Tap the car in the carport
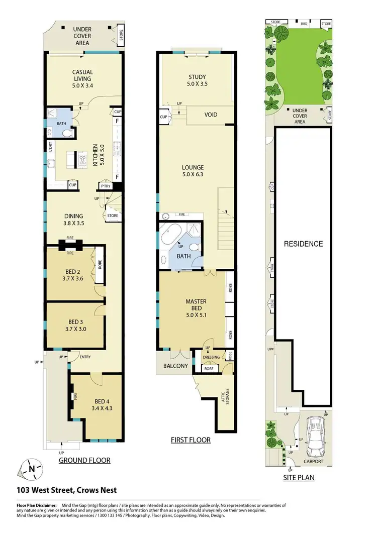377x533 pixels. point(317,433)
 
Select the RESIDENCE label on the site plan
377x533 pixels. point(303,244)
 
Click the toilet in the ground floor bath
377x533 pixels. point(69,133)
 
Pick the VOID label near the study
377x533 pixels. point(211,115)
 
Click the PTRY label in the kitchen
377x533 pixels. point(106,186)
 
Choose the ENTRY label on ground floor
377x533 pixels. point(79,357)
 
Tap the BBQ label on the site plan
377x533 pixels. point(304,23)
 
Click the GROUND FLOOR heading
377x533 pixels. point(84,460)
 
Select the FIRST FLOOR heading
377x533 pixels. point(190,440)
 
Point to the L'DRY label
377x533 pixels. point(50,147)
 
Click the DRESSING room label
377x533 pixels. point(211,357)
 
